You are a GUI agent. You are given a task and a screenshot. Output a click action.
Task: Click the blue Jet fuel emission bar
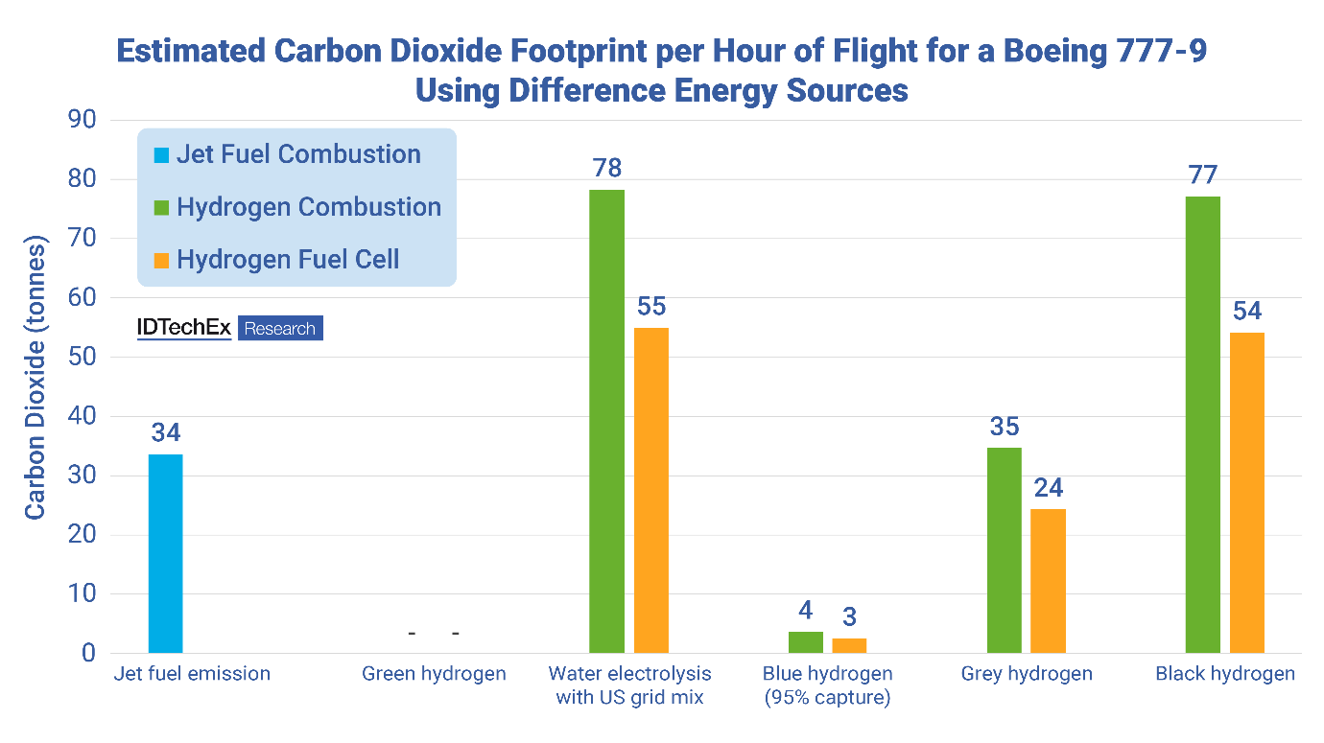[x=166, y=553]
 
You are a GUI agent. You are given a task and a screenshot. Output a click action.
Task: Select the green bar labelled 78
[x=606, y=422]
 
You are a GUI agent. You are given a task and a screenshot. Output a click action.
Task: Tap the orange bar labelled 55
[x=651, y=490]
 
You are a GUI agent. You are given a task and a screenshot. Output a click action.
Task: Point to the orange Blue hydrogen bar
[x=849, y=645]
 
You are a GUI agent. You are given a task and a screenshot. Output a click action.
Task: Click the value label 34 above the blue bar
[x=166, y=432]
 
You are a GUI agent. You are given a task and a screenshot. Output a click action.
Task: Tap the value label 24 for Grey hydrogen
[x=1049, y=488]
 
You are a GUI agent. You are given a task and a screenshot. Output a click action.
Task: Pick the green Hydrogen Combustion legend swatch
[x=161, y=208]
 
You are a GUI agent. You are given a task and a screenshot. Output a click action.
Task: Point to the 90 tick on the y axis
[x=82, y=120]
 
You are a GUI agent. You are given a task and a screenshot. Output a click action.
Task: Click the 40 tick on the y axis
[x=82, y=416]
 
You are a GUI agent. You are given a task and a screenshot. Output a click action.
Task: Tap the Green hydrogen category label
[x=434, y=674]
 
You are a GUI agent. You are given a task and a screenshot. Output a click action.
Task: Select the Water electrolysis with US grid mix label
[x=629, y=685]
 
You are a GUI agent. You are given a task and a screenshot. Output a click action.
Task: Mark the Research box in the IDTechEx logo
[x=280, y=329]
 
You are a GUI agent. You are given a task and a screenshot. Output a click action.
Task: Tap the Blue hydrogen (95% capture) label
[x=827, y=685]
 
